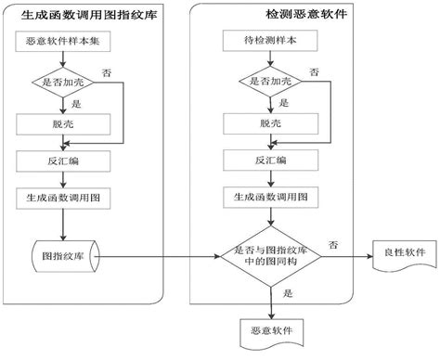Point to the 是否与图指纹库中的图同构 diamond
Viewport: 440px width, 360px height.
pos(270,254)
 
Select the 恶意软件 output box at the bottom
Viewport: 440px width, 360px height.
pos(270,331)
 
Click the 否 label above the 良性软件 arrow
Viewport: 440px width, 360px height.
pos(332,243)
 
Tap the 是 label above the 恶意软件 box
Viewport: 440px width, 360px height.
pos(287,294)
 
